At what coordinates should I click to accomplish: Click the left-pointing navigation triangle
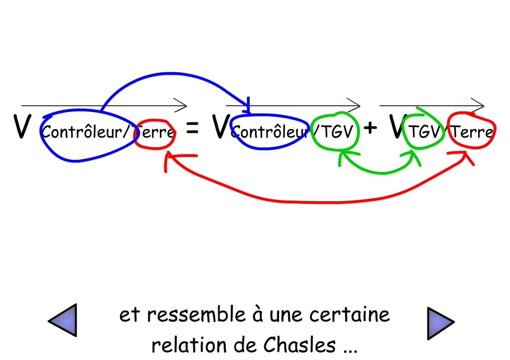[x=64, y=320]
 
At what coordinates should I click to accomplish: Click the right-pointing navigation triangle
[x=439, y=323]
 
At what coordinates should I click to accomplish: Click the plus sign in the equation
[x=371, y=128]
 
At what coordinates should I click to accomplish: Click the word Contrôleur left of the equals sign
[x=87, y=133]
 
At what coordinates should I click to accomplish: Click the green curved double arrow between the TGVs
[x=380, y=171]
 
